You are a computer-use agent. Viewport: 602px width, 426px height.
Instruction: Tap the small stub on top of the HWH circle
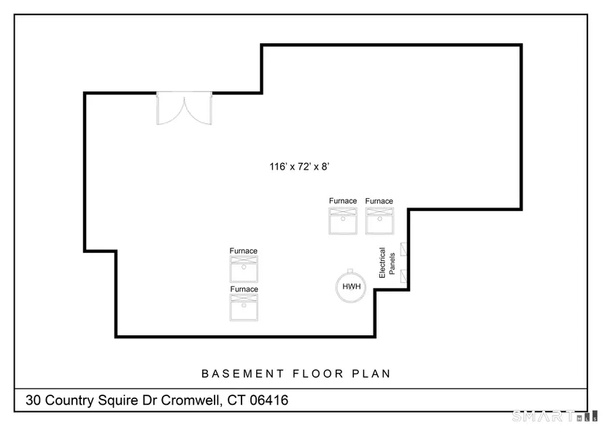[x=350, y=270]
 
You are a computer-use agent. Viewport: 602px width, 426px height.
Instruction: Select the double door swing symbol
[x=185, y=108]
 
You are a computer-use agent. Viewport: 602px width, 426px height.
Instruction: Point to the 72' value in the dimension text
[x=304, y=167]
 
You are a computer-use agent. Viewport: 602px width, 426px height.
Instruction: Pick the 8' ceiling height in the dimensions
[x=325, y=167]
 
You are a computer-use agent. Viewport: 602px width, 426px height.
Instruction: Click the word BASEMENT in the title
[x=243, y=373]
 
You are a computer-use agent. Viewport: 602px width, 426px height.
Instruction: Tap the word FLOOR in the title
[x=318, y=373]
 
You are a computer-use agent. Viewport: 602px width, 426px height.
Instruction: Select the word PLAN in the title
[x=371, y=373]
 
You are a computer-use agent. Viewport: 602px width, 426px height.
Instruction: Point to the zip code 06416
[x=269, y=400]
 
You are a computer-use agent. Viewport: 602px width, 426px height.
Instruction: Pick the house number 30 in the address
[x=33, y=400]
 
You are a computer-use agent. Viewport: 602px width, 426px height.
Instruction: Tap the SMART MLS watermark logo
[x=555, y=416]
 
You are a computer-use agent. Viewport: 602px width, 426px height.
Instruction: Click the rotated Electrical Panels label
[x=387, y=262]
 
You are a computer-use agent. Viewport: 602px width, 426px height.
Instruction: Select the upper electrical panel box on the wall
[x=404, y=249]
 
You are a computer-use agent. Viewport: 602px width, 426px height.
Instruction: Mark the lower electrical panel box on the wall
[x=404, y=276]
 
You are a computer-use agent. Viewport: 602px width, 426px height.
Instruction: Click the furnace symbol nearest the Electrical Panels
[x=379, y=221]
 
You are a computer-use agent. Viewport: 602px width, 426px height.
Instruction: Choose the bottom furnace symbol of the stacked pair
[x=244, y=307]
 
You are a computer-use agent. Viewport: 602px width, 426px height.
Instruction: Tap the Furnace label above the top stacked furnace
[x=244, y=251]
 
